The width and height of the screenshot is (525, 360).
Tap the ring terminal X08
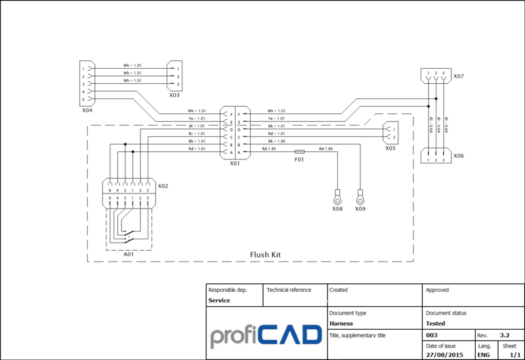coord(337,195)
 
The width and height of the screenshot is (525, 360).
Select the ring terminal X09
coord(360,195)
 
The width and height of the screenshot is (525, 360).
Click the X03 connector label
coord(174,95)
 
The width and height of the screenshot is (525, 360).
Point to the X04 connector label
coord(87,110)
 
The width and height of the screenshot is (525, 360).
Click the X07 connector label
coord(459,77)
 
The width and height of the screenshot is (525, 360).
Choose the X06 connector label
coord(459,155)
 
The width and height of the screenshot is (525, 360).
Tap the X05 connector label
coord(390,148)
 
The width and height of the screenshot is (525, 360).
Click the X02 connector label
coord(163,186)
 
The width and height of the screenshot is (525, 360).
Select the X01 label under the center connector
coord(235,163)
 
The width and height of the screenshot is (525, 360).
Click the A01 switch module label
coord(129,254)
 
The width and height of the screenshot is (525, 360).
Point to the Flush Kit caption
coord(266,253)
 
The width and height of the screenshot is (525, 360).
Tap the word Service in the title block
coord(219,300)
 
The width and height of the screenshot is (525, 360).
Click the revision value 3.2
coord(505,334)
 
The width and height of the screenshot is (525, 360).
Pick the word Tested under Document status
coord(435,323)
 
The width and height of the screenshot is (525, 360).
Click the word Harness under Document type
coord(341,323)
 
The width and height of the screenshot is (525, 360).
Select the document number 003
coord(432,334)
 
